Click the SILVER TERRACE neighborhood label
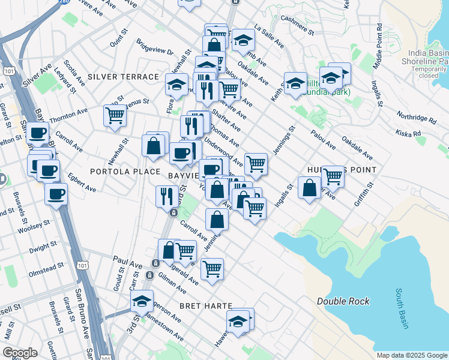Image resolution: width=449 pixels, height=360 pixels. pos(123,77)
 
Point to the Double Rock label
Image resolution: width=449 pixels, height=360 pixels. pos(343,301)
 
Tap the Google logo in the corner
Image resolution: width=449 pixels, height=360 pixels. pos(20,353)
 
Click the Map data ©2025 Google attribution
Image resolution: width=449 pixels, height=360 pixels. pos(412,355)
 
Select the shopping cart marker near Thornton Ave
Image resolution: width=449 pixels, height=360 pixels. pos(115,115)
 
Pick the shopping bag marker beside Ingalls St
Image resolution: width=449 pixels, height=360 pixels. pos(309,188)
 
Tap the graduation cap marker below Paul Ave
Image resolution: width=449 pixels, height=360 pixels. pos(142,301)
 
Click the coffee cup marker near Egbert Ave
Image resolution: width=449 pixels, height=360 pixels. pos(56,194)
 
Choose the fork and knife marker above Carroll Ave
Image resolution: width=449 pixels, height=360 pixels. pos(166,196)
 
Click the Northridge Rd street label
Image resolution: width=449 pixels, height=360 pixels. pos(417,118)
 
